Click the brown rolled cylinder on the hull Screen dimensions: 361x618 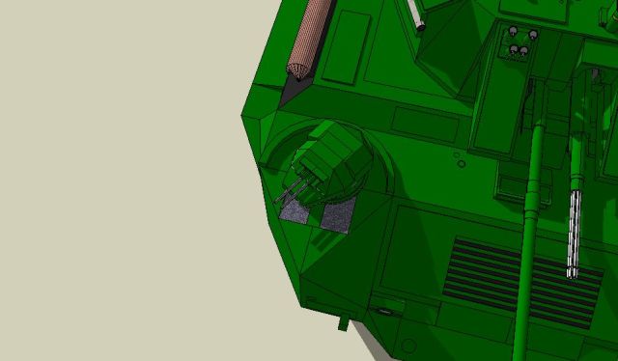(x=312, y=34)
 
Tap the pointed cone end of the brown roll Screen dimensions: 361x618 (x=295, y=69)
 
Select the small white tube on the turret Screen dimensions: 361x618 (x=416, y=14)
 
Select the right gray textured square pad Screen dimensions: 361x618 (x=337, y=218)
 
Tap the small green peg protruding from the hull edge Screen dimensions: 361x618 (x=343, y=320)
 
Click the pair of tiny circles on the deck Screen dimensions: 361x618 (x=458, y=158)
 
